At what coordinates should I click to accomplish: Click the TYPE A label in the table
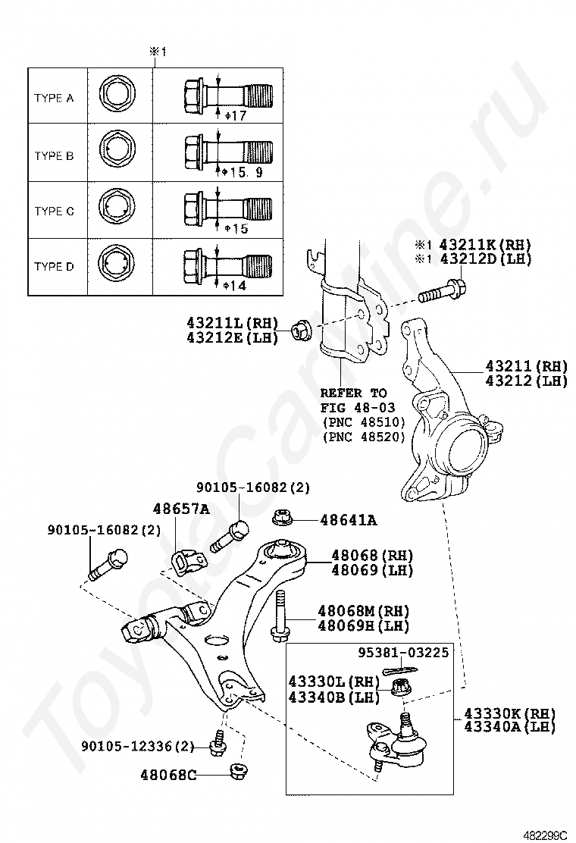(54, 99)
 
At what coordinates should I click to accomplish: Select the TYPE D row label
(54, 267)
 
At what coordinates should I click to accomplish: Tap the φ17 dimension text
(236, 116)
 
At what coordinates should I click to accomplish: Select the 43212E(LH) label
(233, 337)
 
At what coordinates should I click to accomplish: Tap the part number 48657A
(181, 509)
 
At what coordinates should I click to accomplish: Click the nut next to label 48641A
(283, 519)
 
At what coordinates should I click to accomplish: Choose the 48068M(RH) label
(363, 611)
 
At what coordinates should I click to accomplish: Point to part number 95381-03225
(402, 651)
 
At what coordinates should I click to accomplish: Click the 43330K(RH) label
(509, 713)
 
